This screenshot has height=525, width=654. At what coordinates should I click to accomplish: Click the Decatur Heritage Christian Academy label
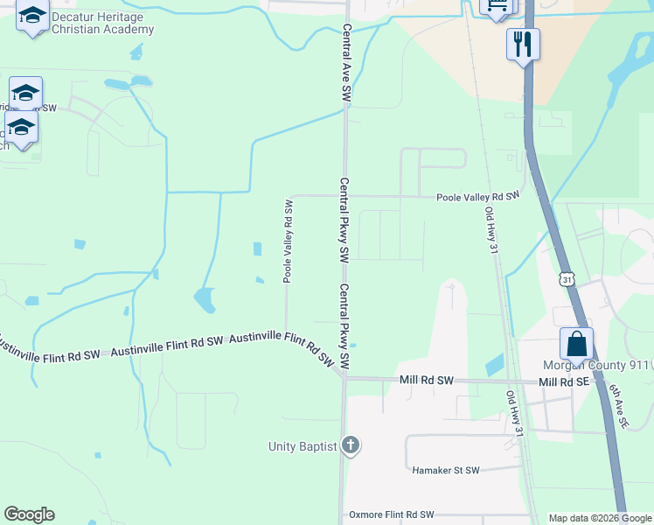pyautogui.click(x=102, y=23)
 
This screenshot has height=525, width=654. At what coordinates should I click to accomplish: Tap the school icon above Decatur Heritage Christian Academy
pyautogui.click(x=33, y=17)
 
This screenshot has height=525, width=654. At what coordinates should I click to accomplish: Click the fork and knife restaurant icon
pyautogui.click(x=523, y=44)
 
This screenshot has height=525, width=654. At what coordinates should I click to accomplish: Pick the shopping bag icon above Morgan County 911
pyautogui.click(x=576, y=344)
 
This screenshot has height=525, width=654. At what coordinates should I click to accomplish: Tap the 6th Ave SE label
pyautogui.click(x=618, y=409)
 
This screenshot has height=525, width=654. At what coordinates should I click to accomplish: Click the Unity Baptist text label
pyautogui.click(x=303, y=446)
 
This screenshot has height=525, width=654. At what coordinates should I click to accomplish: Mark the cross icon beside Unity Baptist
pyautogui.click(x=350, y=446)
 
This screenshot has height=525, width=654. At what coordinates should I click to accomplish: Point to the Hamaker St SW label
pyautogui.click(x=446, y=470)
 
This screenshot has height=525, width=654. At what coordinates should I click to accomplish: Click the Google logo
pyautogui.click(x=29, y=514)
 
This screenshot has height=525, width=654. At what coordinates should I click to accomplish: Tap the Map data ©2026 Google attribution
pyautogui.click(x=599, y=518)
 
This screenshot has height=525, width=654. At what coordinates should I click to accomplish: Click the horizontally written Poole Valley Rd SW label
pyautogui.click(x=478, y=195)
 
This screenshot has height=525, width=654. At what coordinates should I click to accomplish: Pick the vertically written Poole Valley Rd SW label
pyautogui.click(x=287, y=241)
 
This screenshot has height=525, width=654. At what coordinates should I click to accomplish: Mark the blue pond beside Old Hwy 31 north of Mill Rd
pyautogui.click(x=494, y=363)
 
